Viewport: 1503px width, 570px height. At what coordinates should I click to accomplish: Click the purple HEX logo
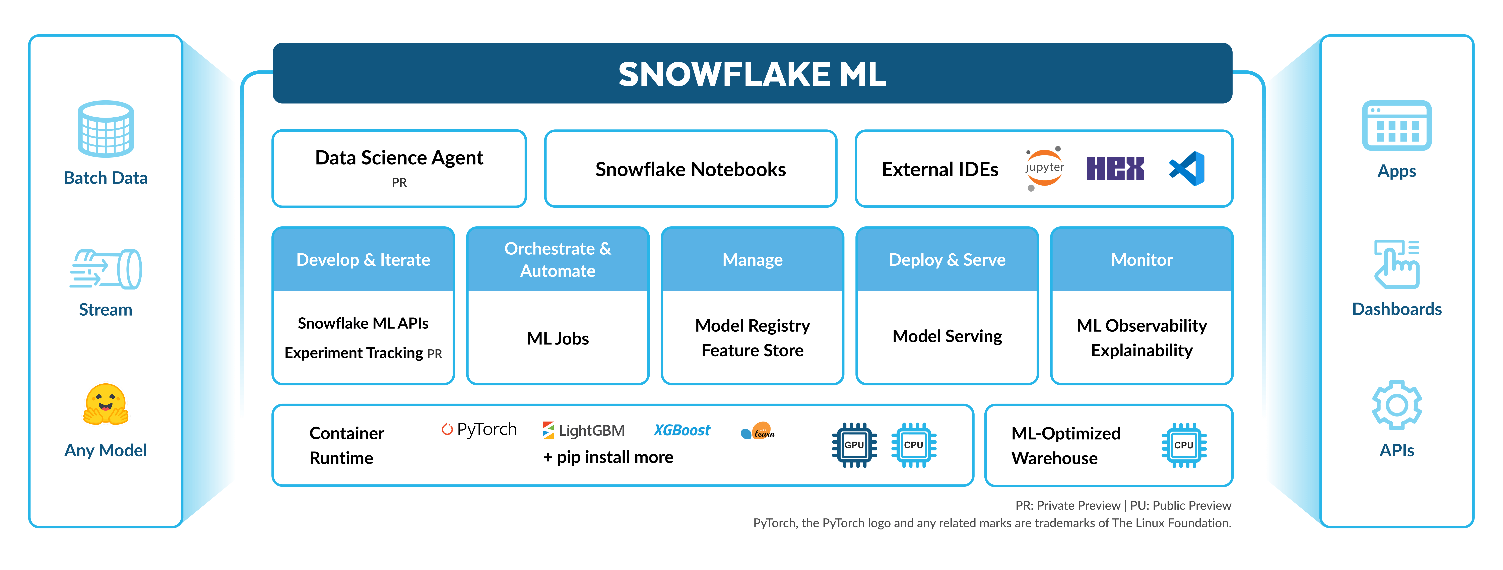click(1115, 169)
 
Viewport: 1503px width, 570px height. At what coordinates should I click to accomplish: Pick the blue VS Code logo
click(1187, 169)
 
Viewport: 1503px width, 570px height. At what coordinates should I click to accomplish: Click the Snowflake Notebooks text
click(690, 169)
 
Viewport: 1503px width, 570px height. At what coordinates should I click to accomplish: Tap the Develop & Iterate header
click(363, 260)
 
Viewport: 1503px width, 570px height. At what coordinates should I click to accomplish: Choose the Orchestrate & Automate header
click(558, 260)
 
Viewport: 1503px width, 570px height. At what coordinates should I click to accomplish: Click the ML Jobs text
click(558, 338)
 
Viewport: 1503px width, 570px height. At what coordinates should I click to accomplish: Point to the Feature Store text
click(752, 351)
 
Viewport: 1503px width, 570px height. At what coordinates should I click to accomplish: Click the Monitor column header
click(1141, 260)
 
